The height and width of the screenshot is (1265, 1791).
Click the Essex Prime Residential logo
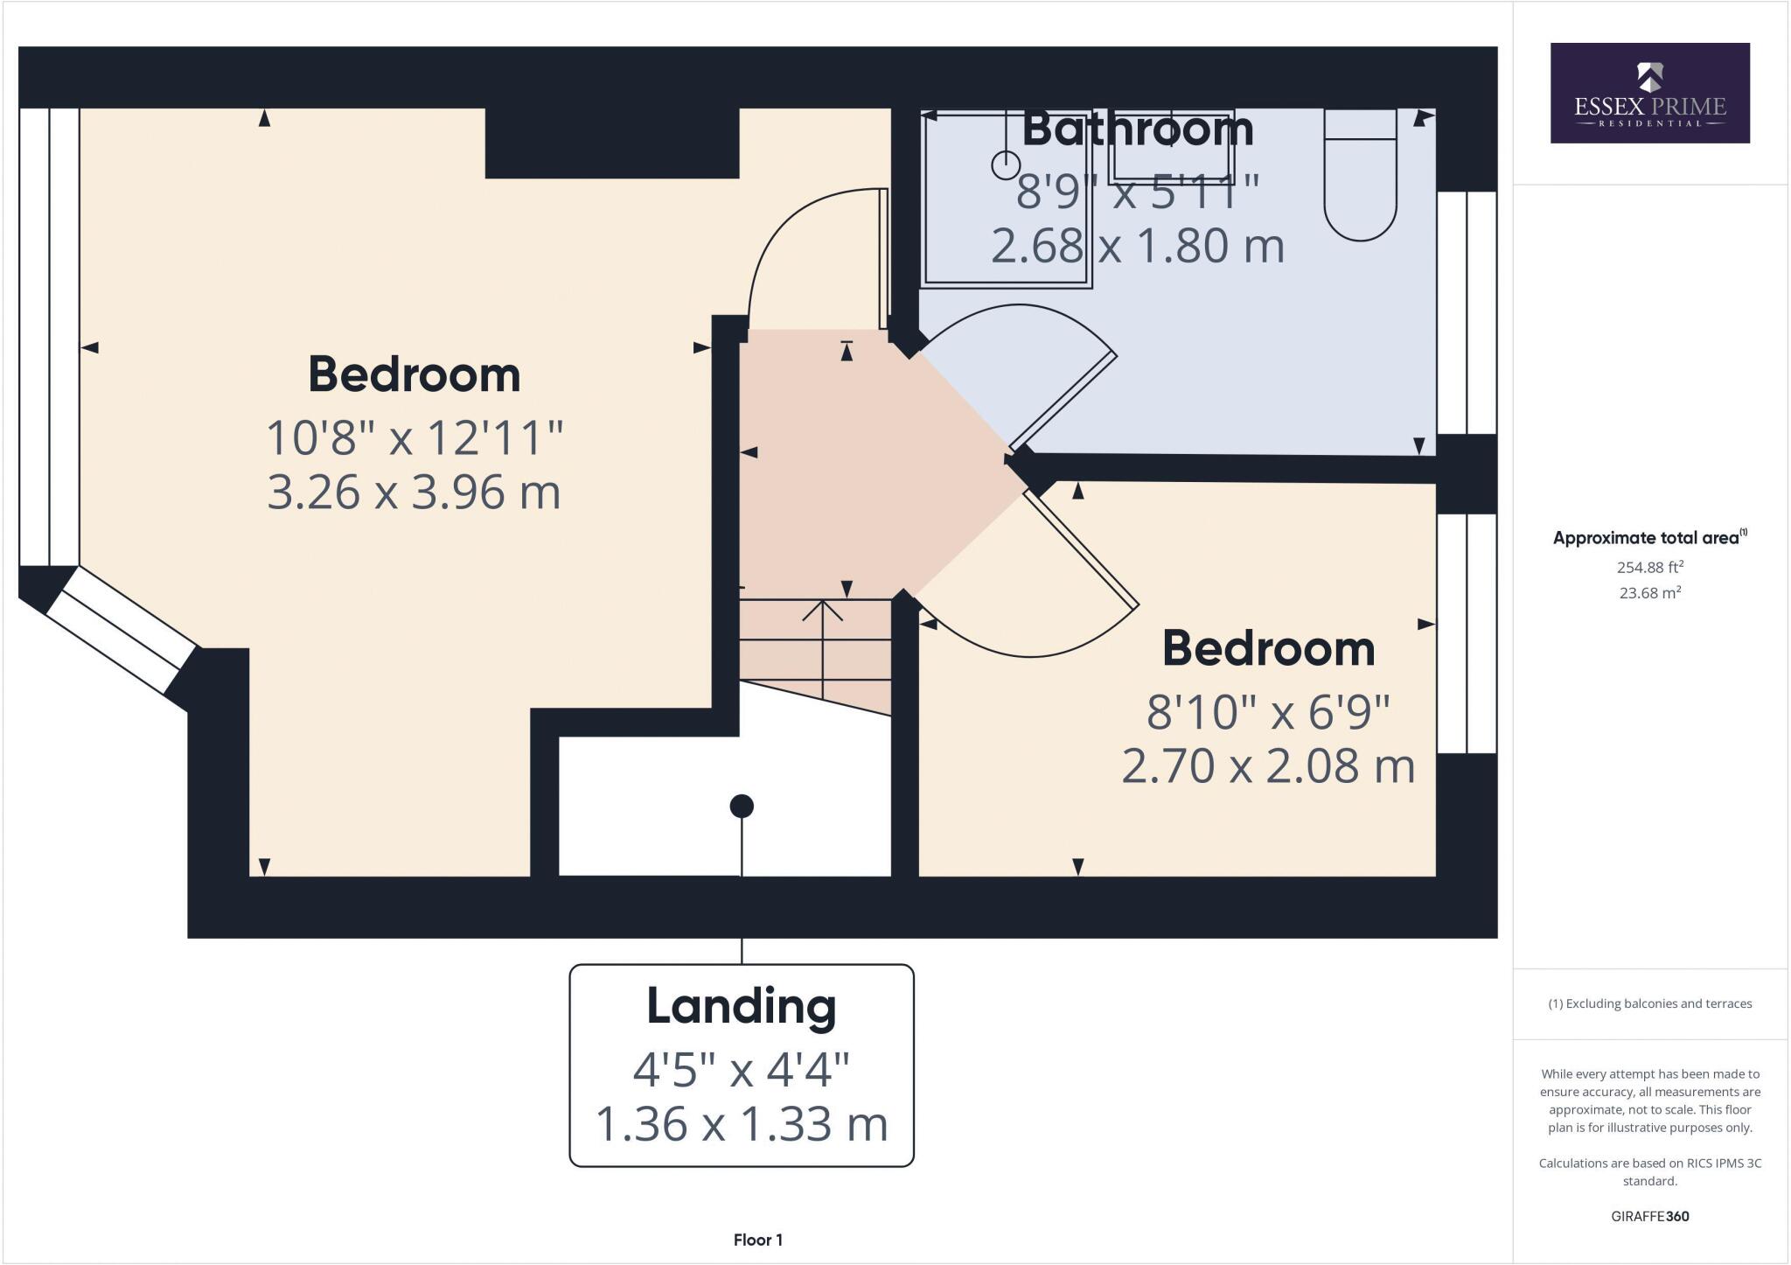point(1649,93)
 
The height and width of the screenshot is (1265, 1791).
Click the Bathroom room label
point(1137,129)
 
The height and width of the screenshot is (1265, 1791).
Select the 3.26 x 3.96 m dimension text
point(414,492)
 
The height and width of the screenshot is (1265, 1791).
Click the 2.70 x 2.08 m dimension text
point(1268,765)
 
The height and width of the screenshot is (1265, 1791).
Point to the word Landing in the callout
point(741,1006)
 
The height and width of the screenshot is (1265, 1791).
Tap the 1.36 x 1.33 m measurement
point(741,1123)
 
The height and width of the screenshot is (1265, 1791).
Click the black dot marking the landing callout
point(742,806)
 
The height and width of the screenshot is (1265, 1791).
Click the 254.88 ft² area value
point(1649,567)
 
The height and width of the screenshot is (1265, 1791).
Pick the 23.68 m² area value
point(1649,593)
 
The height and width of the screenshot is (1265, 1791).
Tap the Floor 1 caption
point(757,1240)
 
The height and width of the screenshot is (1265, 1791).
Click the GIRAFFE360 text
point(1649,1216)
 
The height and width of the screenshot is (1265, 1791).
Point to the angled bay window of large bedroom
point(121,630)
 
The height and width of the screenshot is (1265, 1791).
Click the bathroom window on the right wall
point(1467,312)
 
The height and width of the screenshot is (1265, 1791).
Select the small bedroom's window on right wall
point(1467,633)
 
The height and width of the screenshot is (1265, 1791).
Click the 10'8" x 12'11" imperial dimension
point(414,437)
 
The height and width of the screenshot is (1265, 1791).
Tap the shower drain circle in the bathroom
point(1006,164)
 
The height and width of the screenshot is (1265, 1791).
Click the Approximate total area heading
point(1648,538)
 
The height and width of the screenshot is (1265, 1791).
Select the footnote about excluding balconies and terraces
point(1649,1003)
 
